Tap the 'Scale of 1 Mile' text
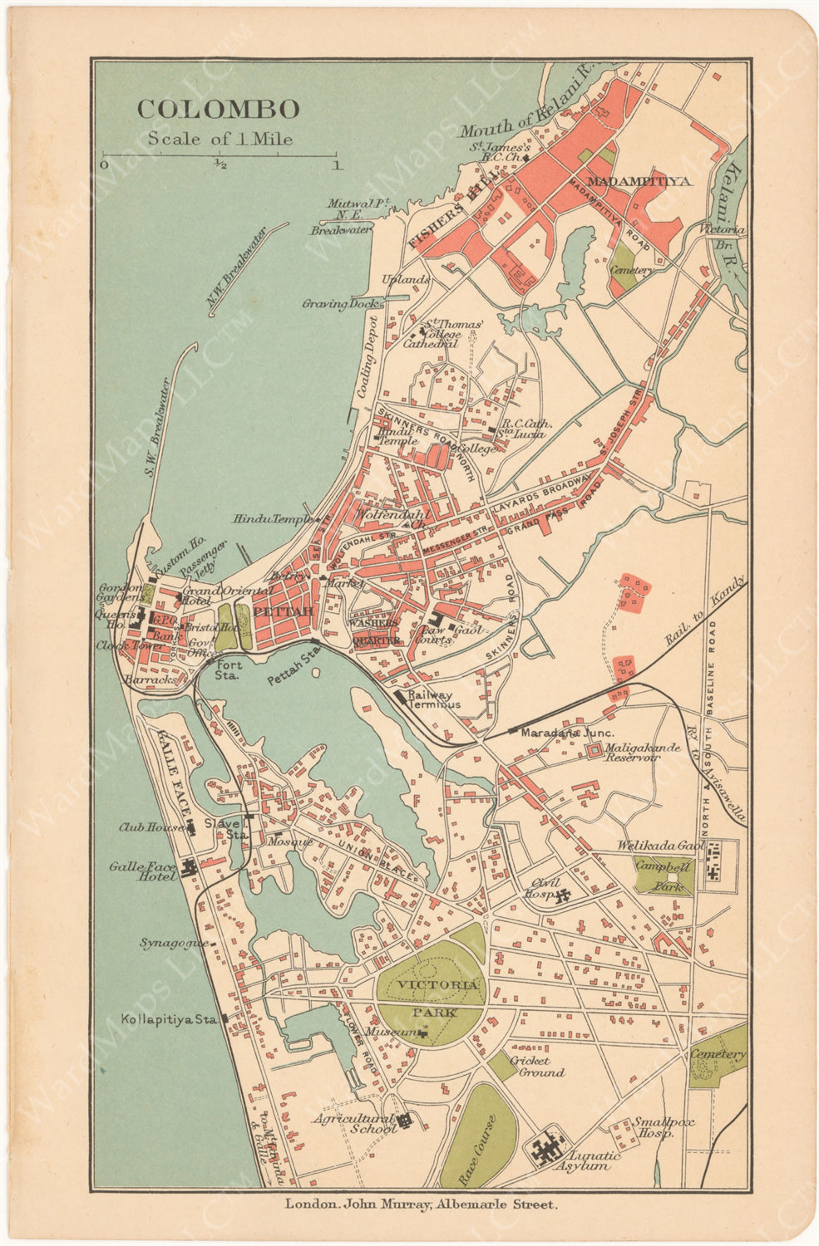pos(220,139)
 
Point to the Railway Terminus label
pos(433,699)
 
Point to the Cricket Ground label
pos(536,1067)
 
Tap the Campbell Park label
pos(664,876)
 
